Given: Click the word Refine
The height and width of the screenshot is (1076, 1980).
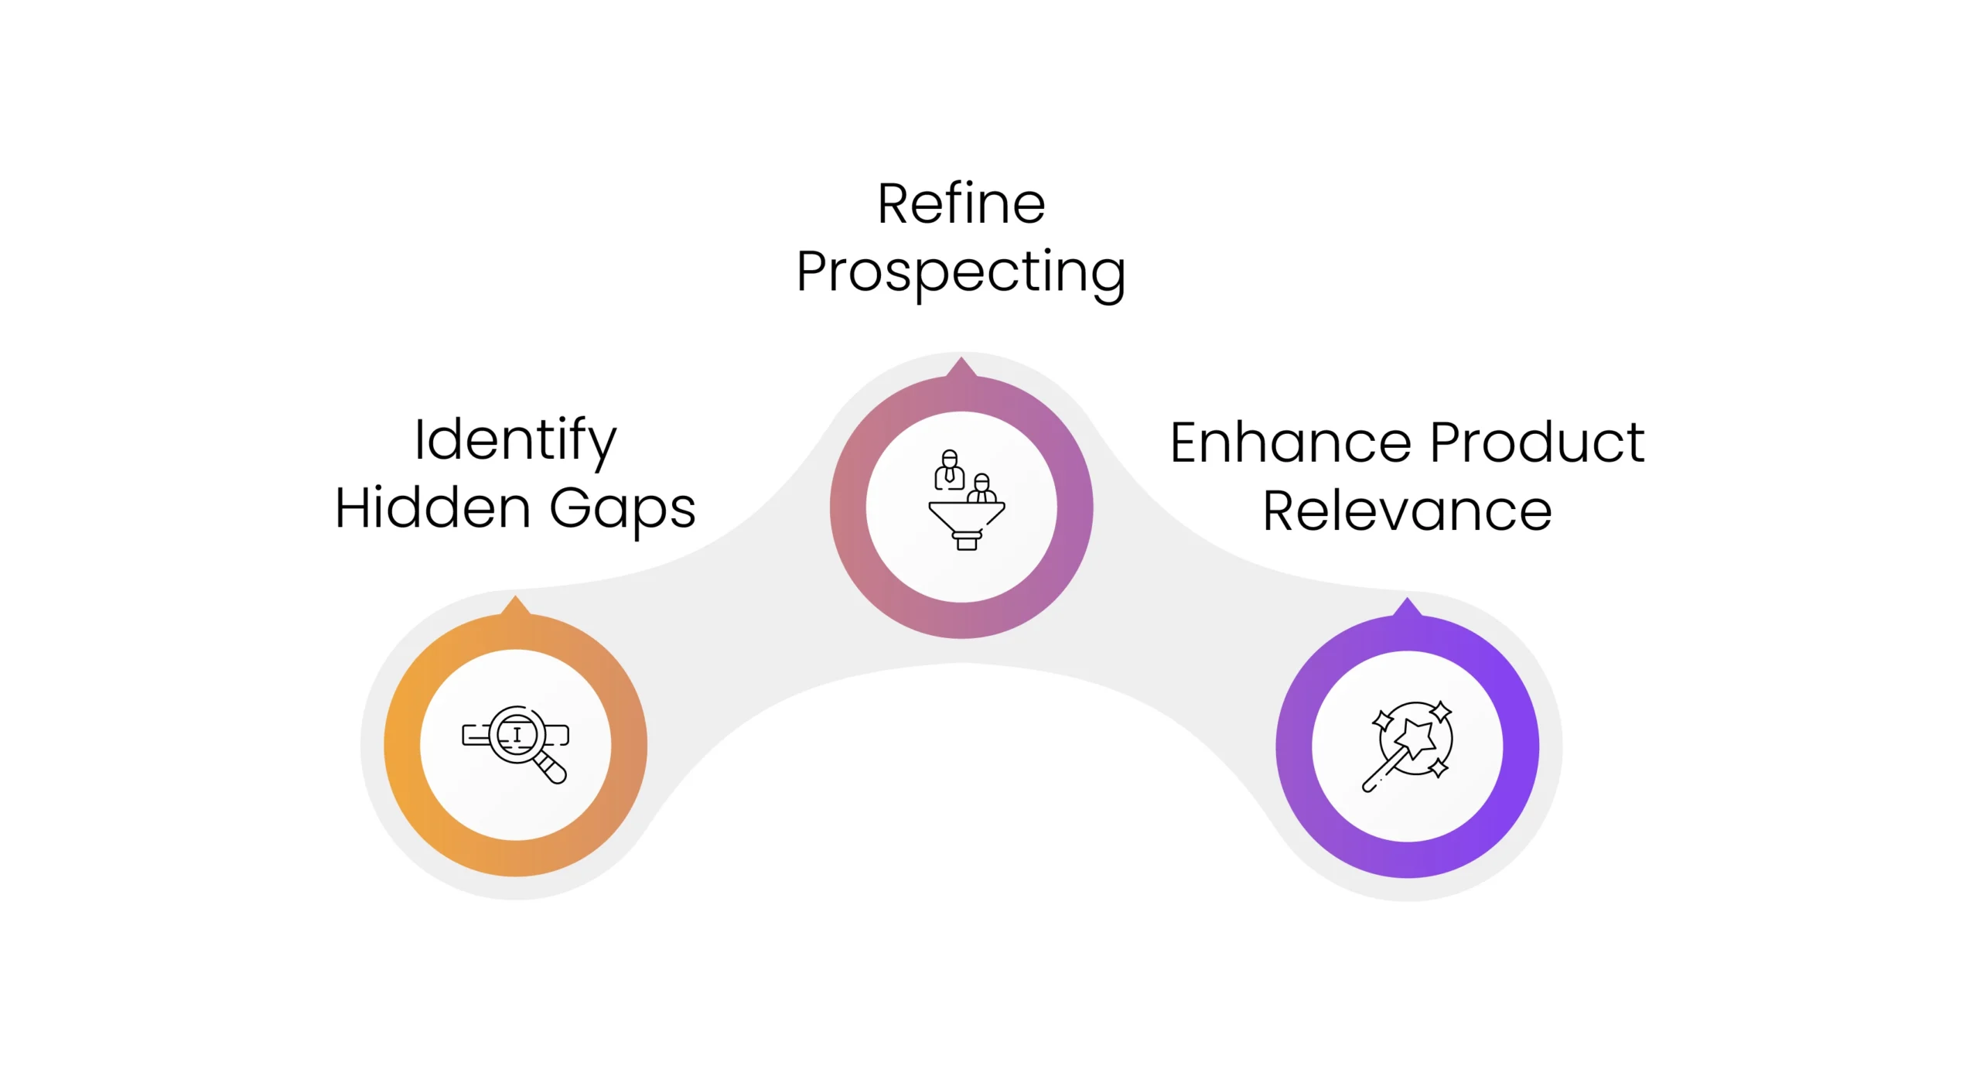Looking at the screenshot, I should click(961, 204).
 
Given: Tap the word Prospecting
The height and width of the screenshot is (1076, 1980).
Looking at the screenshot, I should click(961, 272).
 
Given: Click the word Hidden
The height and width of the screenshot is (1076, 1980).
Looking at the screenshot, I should click(433, 508).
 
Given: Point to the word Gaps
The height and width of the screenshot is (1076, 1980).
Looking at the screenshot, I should click(623, 510).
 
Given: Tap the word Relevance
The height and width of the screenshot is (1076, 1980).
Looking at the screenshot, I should click(1407, 511).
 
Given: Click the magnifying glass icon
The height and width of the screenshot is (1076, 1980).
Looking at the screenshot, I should click(515, 743).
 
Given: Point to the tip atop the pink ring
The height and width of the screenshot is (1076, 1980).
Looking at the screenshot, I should click(961, 365).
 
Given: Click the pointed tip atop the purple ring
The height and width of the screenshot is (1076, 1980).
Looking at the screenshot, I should click(1407, 606).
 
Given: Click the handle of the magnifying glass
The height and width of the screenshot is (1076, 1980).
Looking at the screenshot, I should click(551, 767).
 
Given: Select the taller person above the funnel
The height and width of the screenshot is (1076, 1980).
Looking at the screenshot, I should click(949, 470).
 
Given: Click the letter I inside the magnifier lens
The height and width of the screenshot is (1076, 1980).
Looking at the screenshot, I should click(517, 733).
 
